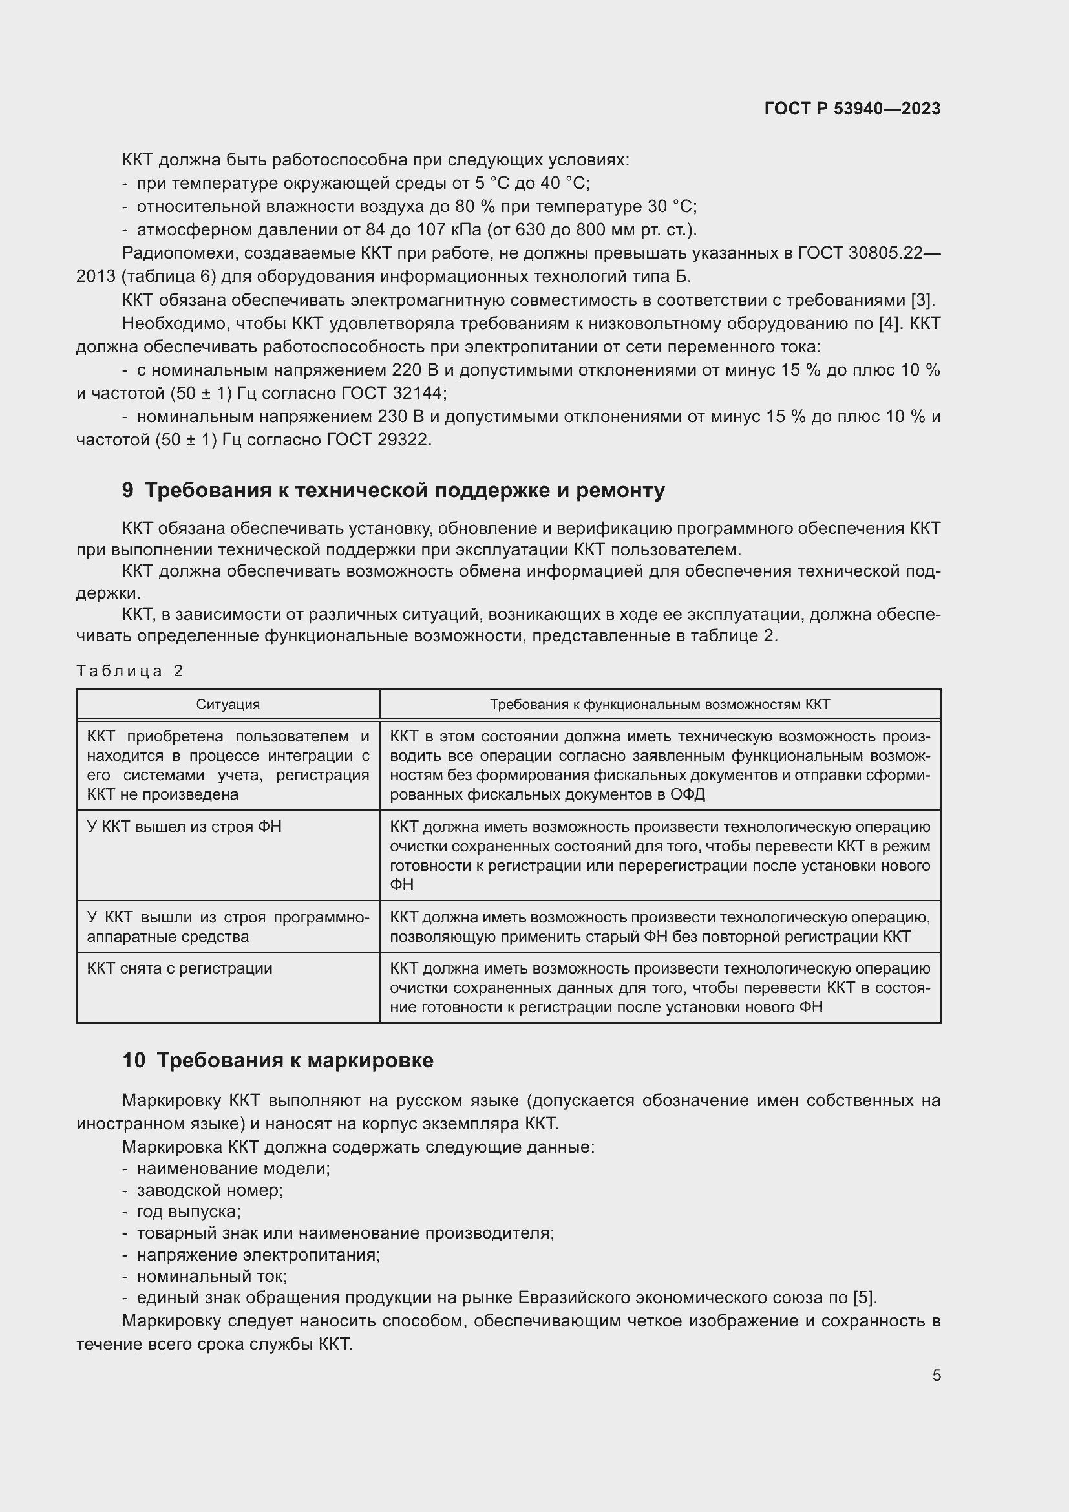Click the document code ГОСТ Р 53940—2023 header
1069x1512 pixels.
click(852, 109)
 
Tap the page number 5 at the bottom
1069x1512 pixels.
click(936, 1376)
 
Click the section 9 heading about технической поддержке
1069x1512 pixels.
click(393, 490)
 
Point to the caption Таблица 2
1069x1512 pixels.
click(130, 671)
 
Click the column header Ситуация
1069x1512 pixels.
click(228, 705)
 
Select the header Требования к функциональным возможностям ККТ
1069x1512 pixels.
click(660, 705)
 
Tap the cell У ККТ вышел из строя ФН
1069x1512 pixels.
click(184, 827)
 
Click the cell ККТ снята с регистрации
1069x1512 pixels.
click(180, 968)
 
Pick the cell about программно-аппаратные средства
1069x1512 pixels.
click(228, 926)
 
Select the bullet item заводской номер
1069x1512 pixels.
click(209, 1190)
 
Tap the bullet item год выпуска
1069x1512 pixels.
click(188, 1211)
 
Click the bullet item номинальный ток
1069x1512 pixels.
click(211, 1276)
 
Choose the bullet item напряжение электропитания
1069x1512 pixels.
click(258, 1255)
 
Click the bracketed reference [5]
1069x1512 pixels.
click(864, 1298)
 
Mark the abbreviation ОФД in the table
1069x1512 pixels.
click(687, 794)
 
